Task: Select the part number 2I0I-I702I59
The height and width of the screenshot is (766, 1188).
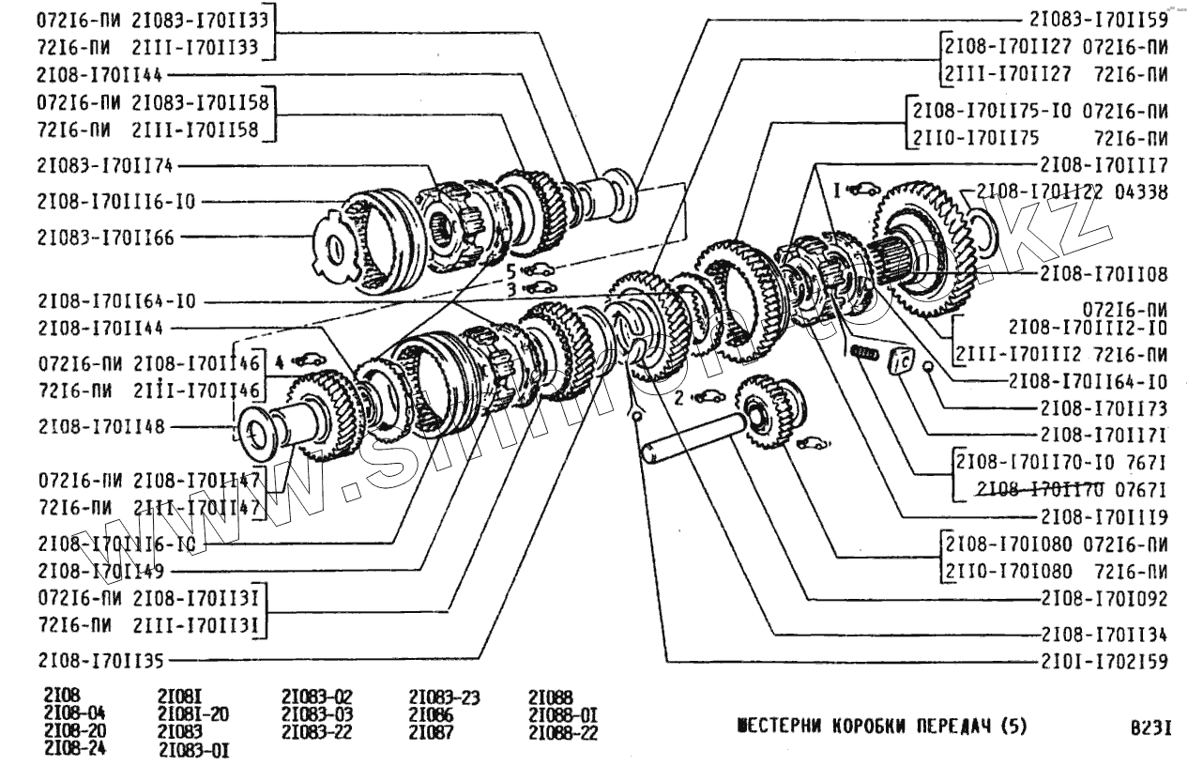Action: click(1104, 662)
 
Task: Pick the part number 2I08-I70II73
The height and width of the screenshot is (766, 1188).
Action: click(1104, 408)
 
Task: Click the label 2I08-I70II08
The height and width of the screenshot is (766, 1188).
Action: click(1104, 274)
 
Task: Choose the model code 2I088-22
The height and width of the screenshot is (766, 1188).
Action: click(563, 731)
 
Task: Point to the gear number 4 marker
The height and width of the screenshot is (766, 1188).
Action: click(279, 359)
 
